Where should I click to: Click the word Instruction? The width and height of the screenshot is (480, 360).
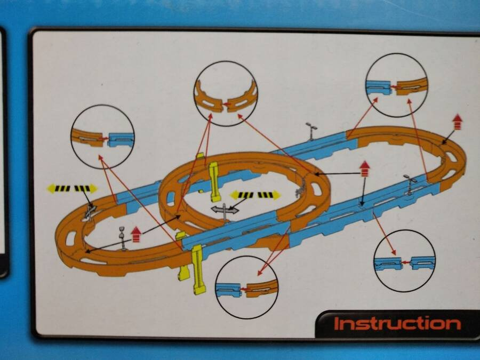(397, 324)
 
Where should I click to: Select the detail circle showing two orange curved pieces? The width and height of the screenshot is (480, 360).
(226, 93)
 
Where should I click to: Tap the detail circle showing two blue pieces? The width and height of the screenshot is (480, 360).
(404, 261)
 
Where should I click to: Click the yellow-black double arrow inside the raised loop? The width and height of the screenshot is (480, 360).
(255, 195)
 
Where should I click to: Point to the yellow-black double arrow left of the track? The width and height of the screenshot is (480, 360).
(72, 188)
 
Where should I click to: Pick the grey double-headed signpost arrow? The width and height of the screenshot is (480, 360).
(225, 210)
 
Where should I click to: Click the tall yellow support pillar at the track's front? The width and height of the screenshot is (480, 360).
(198, 269)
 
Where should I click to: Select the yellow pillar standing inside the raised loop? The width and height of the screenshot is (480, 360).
(214, 182)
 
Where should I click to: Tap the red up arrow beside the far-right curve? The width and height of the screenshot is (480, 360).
(457, 122)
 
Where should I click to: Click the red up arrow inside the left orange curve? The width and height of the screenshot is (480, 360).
(135, 234)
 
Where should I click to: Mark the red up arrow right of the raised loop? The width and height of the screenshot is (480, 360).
(364, 169)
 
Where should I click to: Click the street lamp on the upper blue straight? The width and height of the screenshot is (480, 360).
(311, 131)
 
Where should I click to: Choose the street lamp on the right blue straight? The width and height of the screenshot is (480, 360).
(410, 185)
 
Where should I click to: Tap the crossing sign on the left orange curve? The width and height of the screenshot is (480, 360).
(90, 212)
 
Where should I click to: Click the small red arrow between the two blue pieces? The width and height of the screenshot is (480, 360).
(406, 262)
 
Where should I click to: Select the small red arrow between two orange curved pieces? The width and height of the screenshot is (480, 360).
(227, 105)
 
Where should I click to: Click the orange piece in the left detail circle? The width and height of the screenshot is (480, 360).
(88, 138)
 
